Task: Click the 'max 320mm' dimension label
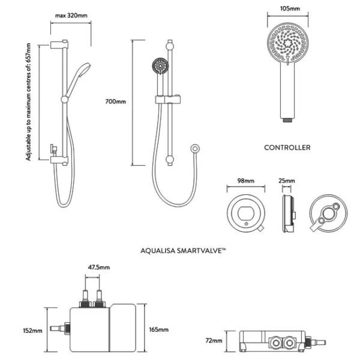(71, 16)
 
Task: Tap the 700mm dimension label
(115, 101)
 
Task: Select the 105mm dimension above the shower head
(290, 8)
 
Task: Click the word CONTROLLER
(287, 148)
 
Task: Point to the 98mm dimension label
(245, 181)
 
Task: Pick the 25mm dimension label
(287, 181)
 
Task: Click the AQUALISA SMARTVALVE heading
(183, 250)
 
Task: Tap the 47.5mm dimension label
(99, 267)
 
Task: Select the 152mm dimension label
(32, 331)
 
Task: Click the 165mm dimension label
(158, 329)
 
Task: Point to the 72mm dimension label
(214, 341)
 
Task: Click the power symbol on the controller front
(247, 223)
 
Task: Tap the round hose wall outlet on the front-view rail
(195, 149)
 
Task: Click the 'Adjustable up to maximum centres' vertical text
(28, 102)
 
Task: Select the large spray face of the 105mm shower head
(287, 43)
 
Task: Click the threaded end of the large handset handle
(287, 120)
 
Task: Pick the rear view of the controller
(328, 214)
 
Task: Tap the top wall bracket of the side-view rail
(59, 44)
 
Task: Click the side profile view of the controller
(289, 214)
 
